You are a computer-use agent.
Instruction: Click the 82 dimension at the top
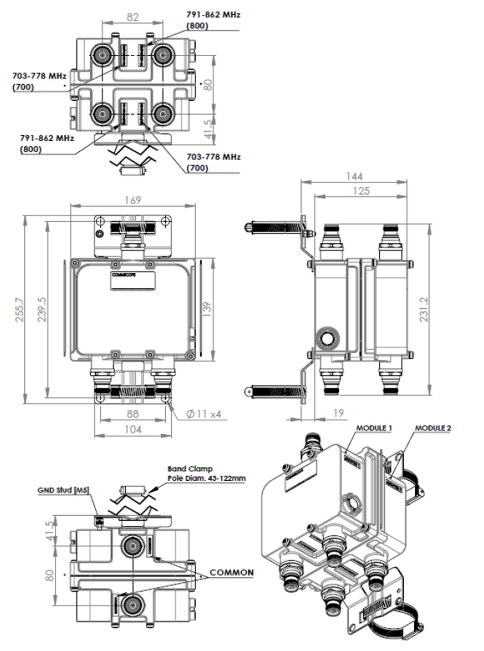click(132, 17)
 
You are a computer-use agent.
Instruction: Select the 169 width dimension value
click(133, 200)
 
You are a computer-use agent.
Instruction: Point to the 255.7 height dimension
click(20, 310)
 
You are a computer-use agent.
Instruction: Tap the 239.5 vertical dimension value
click(42, 310)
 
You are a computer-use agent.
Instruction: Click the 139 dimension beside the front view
click(207, 309)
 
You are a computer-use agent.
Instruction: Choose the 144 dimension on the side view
click(354, 177)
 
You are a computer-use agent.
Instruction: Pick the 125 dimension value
click(361, 191)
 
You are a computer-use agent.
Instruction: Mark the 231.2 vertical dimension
click(424, 310)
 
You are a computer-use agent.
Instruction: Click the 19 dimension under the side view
click(338, 413)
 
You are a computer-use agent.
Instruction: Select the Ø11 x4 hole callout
click(204, 414)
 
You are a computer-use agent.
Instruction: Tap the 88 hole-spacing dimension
click(132, 414)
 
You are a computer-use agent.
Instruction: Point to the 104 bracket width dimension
click(133, 430)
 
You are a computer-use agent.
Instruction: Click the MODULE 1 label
click(374, 428)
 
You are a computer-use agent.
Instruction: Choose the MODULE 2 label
click(433, 428)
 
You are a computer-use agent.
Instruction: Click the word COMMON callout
click(231, 573)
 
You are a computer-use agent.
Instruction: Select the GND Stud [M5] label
click(63, 490)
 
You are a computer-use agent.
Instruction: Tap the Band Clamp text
click(190, 469)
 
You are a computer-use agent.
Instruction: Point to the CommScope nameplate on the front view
click(133, 281)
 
